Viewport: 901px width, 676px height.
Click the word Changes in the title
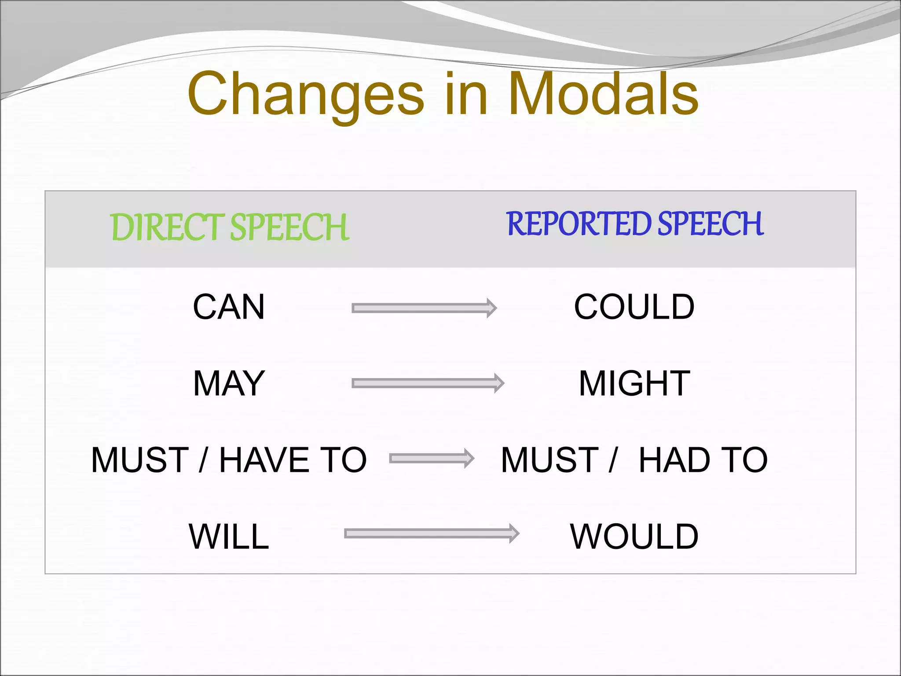click(306, 95)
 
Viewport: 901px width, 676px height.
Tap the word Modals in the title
click(603, 95)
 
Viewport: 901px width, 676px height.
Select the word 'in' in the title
click(466, 95)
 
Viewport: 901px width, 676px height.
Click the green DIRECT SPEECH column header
click(229, 227)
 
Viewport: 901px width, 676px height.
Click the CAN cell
click(229, 307)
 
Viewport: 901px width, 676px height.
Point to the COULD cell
click(634, 307)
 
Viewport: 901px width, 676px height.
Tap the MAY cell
click(229, 383)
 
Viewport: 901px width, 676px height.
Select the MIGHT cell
click(634, 383)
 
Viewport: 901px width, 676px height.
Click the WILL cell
click(229, 536)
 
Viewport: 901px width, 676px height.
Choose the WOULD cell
click(634, 536)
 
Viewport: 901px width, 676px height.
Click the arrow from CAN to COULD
click(424, 308)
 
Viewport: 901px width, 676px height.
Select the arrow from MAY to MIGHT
click(428, 383)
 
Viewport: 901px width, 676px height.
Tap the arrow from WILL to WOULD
click(431, 534)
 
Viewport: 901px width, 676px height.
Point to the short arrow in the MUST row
click(432, 459)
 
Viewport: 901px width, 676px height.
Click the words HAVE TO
click(293, 460)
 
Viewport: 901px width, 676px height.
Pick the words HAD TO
click(703, 460)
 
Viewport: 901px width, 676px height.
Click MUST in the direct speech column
click(140, 460)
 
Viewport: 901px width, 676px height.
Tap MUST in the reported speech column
click(549, 460)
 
